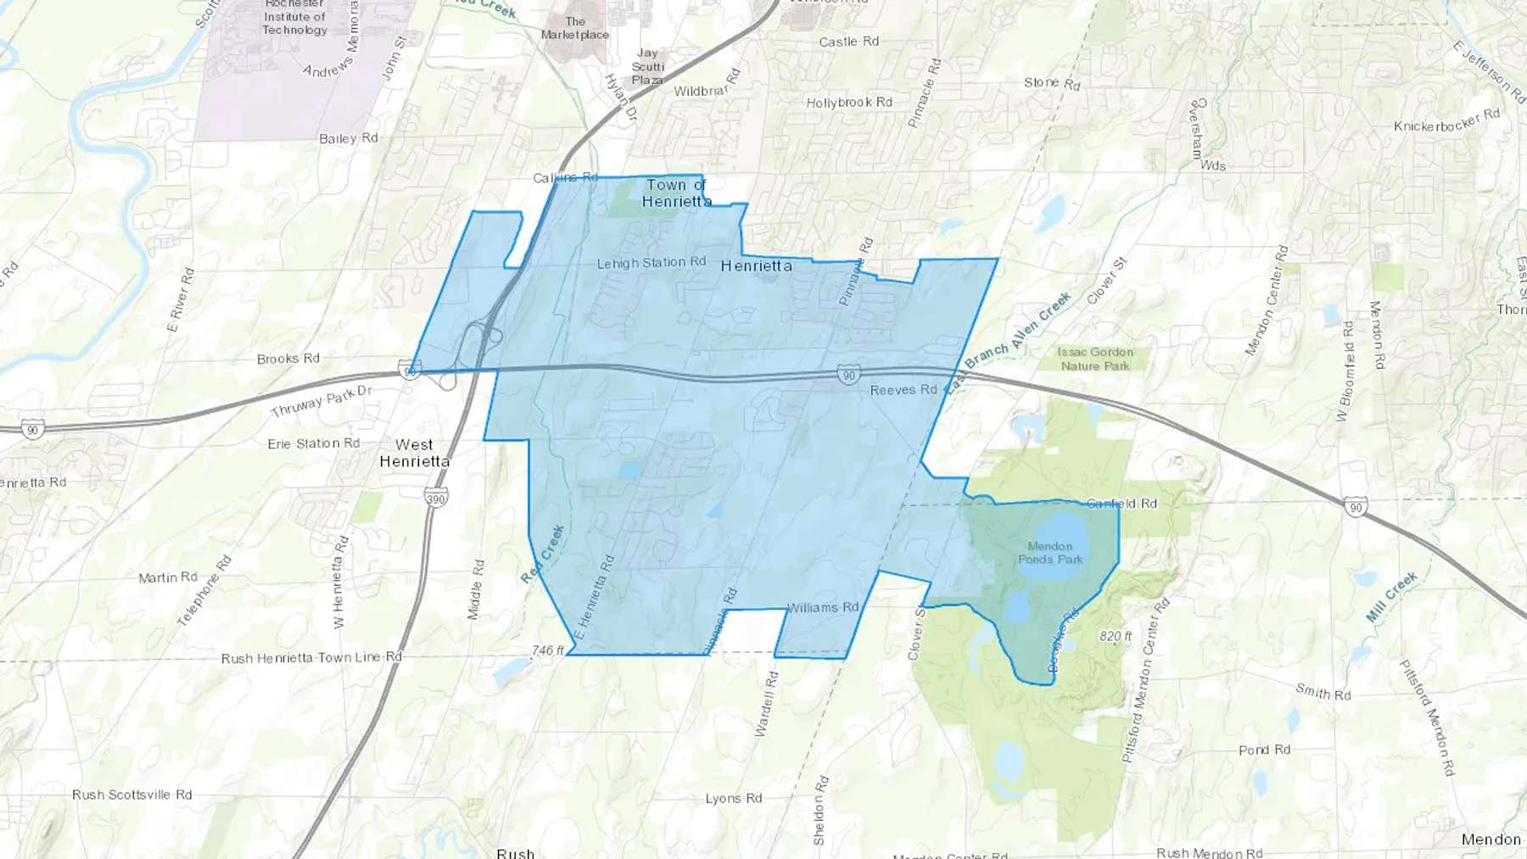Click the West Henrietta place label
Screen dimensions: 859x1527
tap(414, 453)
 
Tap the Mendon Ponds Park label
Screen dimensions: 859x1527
tap(1050, 553)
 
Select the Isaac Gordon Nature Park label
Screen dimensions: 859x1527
tap(1095, 359)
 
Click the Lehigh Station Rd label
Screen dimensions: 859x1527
tap(652, 263)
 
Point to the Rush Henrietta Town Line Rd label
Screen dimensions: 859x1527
tap(311, 658)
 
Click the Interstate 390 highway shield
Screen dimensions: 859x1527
tap(436, 498)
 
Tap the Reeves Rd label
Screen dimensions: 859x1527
tap(903, 390)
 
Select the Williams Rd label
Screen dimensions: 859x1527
tap(823, 607)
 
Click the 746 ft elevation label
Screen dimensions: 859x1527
tap(548, 650)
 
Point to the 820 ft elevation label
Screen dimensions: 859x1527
tap(1116, 636)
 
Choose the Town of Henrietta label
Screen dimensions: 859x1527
tap(676, 193)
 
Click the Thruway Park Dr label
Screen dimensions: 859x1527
tap(322, 401)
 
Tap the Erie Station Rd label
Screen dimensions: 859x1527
tap(313, 443)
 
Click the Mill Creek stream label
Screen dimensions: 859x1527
tap(1391, 597)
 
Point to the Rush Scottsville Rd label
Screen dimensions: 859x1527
tap(131, 795)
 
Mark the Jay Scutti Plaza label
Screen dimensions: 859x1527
tap(648, 66)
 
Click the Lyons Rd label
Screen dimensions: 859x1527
tap(734, 798)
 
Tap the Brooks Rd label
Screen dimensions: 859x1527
tap(288, 359)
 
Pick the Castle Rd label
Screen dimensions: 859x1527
tap(848, 42)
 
